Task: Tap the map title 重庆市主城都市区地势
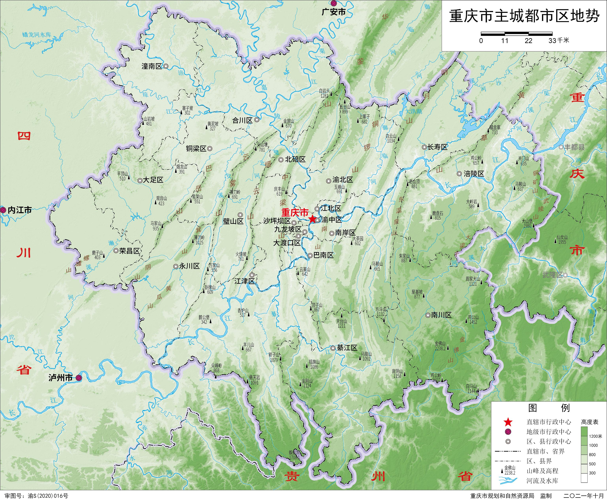pos(524,16)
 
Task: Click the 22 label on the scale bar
pos(528,41)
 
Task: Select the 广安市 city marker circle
pos(334,3)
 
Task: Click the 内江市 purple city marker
pos(3,210)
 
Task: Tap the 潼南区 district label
pos(152,66)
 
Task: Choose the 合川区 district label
pos(242,120)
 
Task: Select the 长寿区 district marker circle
pos(424,147)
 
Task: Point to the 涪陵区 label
pos(474,174)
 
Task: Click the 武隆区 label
pos(552,275)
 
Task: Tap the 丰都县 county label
pos(574,147)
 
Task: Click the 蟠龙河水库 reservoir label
pos(37,35)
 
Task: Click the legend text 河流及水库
pos(542,481)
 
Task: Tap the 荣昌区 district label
pos(129,251)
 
